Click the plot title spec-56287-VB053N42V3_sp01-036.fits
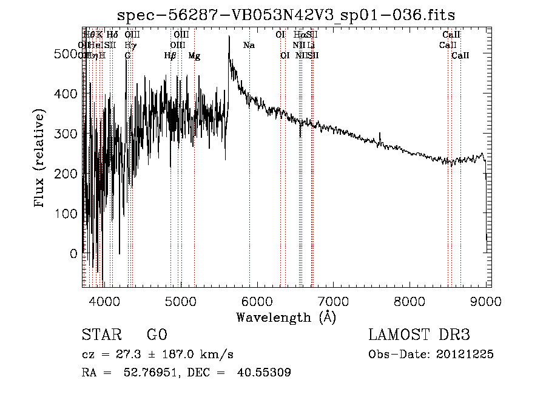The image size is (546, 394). pyautogui.click(x=286, y=15)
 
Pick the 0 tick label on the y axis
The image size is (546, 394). pyautogui.click(x=74, y=254)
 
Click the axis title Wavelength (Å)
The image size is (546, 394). pyautogui.click(x=286, y=317)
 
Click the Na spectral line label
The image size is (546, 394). pyautogui.click(x=249, y=45)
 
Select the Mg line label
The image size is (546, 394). pyautogui.click(x=194, y=56)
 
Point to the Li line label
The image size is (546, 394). pyautogui.click(x=311, y=45)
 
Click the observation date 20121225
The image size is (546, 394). pyautogui.click(x=463, y=354)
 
